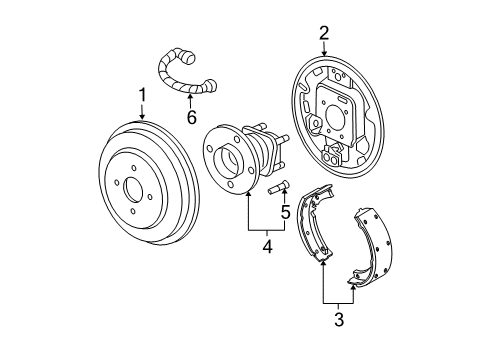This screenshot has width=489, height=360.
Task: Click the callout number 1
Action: pos(142,96)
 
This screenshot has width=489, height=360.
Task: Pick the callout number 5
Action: pos(284,212)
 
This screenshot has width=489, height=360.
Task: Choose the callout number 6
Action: pos(191,117)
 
